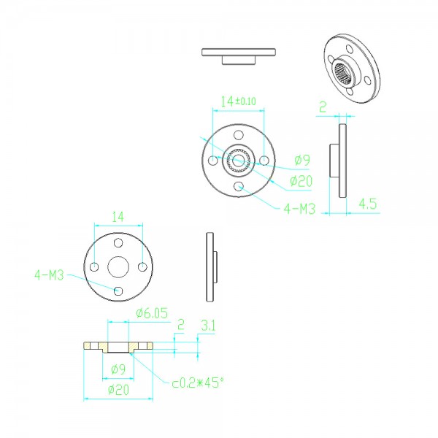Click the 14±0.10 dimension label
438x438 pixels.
238,101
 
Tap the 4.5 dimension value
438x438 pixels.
368,204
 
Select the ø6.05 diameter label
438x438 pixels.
152,313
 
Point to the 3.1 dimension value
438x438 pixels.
208,326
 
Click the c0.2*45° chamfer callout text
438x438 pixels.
198,383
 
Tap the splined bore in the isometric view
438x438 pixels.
342,73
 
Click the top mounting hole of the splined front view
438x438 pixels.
238,135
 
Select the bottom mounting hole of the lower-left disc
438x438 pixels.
118,291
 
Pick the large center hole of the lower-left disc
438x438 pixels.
118,267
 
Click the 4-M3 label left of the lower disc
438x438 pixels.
49,275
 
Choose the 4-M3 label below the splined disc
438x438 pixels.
299,209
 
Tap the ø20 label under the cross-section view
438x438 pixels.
119,390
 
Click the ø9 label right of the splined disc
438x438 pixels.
302,161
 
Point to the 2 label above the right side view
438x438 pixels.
323,107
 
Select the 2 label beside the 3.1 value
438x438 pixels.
181,325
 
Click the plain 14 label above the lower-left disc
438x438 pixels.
118,217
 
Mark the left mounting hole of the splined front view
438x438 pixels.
213,161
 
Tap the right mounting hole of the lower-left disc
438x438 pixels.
143,267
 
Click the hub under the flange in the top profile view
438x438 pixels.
239,60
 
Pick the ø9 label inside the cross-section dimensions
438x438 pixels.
118,369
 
